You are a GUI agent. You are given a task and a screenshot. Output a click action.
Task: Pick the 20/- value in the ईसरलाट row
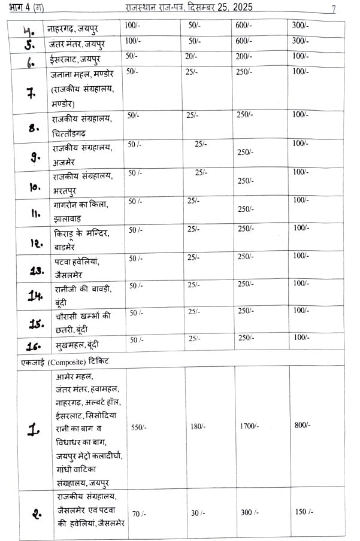(x=192, y=56)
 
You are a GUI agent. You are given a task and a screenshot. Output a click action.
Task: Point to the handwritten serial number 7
(x=30, y=93)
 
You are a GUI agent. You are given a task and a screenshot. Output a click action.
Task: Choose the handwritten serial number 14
(x=33, y=295)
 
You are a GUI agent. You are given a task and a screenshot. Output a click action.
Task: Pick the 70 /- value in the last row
(x=139, y=513)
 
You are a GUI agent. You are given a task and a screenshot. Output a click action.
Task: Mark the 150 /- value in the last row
(x=304, y=512)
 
